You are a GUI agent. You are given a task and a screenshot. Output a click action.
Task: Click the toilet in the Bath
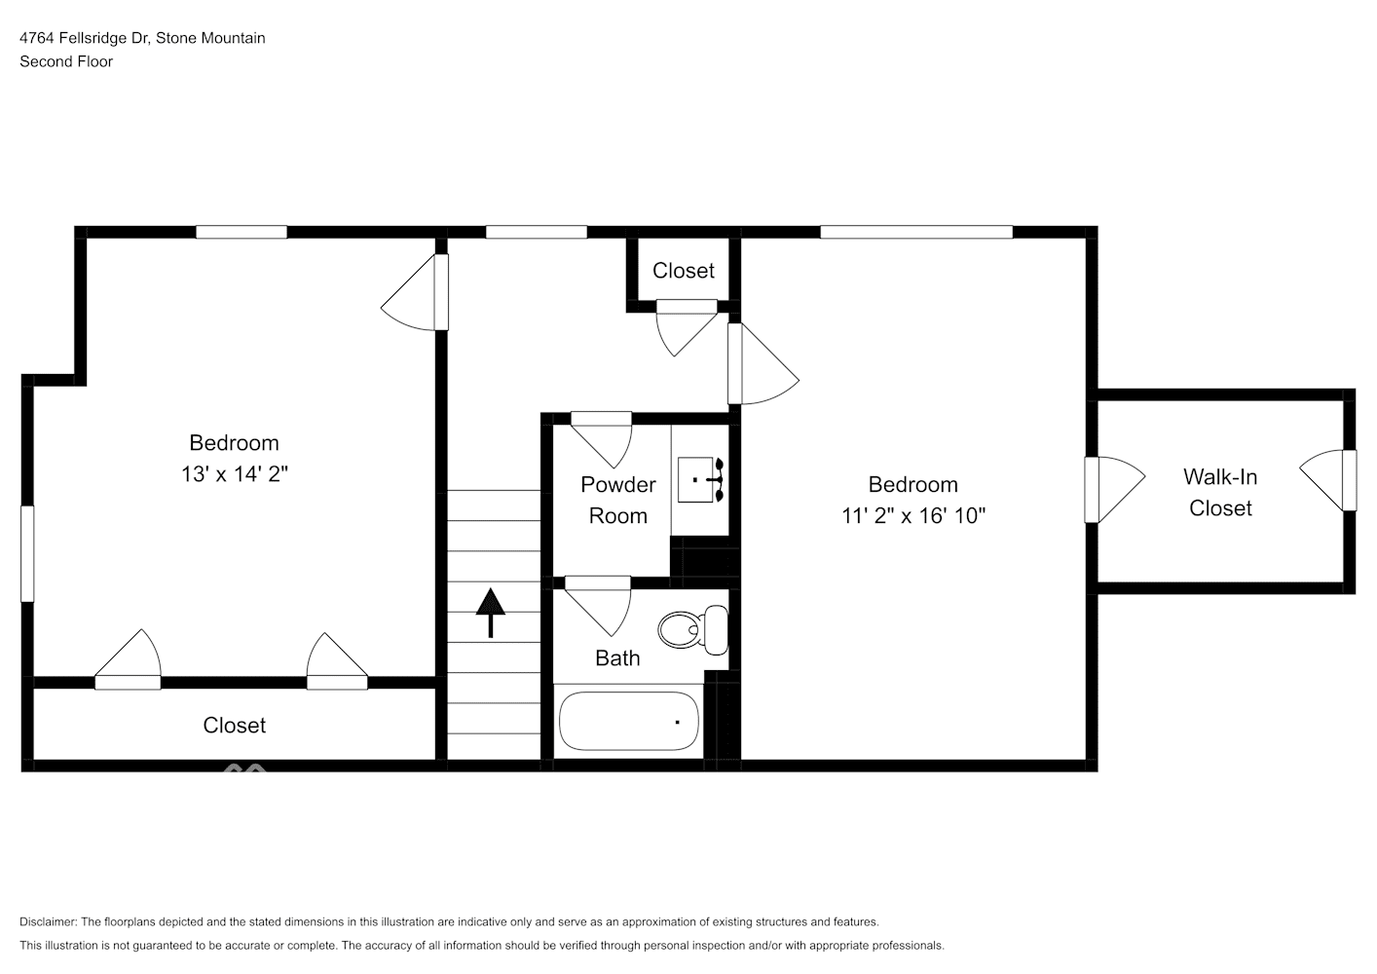692,629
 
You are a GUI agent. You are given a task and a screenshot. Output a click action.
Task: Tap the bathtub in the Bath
628,721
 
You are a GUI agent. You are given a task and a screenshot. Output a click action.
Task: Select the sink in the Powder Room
700,479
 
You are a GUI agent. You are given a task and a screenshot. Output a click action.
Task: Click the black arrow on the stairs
490,612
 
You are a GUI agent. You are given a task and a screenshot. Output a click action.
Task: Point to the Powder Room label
617,500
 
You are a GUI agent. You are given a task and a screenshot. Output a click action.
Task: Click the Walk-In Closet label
1219,492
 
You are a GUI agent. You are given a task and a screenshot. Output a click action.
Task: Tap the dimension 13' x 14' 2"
234,474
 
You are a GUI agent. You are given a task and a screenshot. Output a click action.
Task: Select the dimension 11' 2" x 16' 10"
912,515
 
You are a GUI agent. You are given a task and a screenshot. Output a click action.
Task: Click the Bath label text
617,658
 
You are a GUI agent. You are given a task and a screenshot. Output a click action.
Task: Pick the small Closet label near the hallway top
683,271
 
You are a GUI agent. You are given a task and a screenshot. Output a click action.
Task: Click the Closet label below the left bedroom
234,726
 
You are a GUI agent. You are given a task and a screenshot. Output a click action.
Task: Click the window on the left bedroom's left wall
27,552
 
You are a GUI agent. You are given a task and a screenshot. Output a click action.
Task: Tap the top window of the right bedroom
915,232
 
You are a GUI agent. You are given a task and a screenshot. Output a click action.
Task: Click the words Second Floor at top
66,61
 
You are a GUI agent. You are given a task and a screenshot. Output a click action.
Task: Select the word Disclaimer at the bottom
48,921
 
